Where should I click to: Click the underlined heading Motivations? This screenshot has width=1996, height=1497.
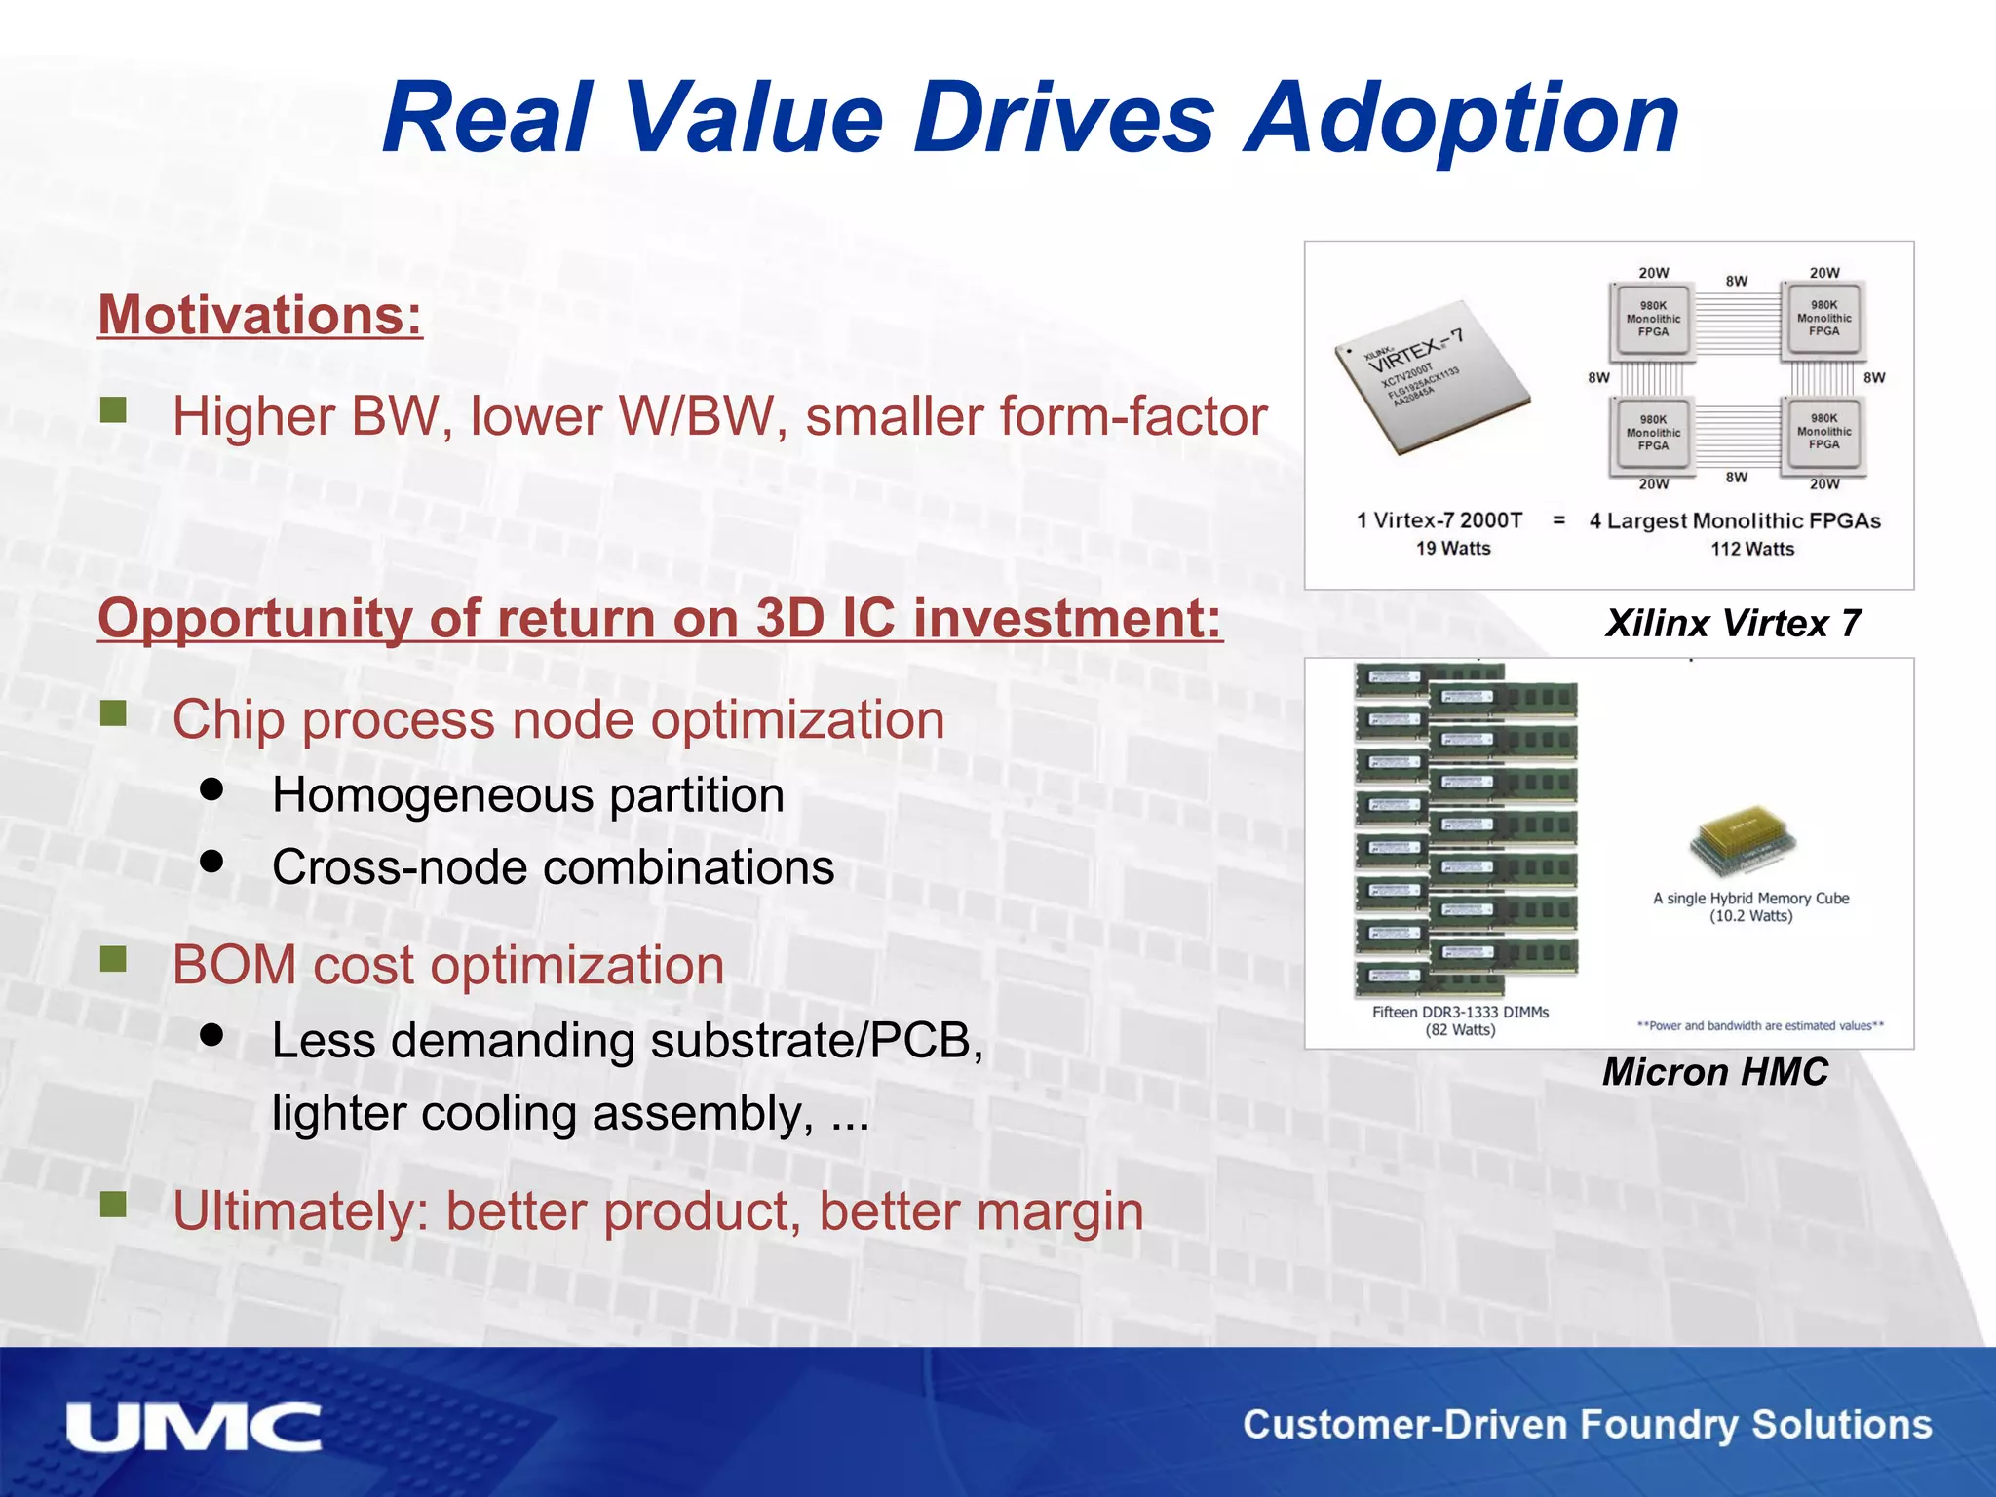[x=260, y=315]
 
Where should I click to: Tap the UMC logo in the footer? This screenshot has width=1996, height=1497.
[x=194, y=1428]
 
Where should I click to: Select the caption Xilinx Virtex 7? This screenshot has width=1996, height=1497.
[x=1733, y=623]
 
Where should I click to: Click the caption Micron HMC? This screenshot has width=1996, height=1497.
[x=1715, y=1071]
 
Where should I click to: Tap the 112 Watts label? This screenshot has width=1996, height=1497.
[x=1751, y=549]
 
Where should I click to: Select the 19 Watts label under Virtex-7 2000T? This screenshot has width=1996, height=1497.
[x=1452, y=548]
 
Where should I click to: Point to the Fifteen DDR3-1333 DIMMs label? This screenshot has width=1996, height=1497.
[x=1460, y=1012]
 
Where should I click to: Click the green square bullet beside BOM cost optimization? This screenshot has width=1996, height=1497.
[x=114, y=960]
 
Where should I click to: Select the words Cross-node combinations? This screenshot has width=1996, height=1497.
[x=553, y=866]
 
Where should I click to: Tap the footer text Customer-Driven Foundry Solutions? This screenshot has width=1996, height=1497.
[x=1587, y=1425]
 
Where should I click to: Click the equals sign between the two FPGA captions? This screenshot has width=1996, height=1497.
[x=1558, y=520]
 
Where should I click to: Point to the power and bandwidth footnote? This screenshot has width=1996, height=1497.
[x=1760, y=1025]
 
